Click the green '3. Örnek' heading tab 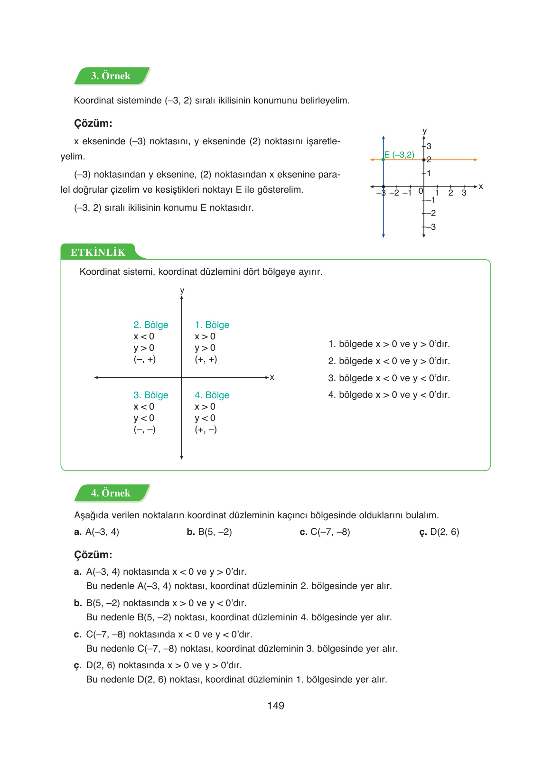click(x=111, y=76)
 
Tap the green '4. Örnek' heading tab click(x=111, y=493)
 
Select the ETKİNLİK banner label click(x=98, y=253)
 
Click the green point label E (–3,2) click(x=399, y=155)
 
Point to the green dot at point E click(x=384, y=160)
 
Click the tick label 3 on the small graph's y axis click(x=429, y=146)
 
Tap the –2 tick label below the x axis click(x=394, y=193)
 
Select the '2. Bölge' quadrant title click(x=150, y=325)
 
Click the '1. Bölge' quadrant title click(x=212, y=325)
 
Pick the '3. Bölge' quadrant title click(x=150, y=395)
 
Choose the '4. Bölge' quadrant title click(x=212, y=395)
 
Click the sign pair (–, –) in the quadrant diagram click(x=144, y=430)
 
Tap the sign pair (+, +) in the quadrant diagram click(x=206, y=359)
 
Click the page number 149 click(x=276, y=706)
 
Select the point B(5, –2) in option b click(x=215, y=532)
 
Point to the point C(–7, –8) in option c click(x=330, y=532)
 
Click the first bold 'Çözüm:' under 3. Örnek click(x=93, y=123)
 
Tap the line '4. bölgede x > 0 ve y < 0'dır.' click(x=389, y=395)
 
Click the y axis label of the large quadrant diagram click(x=182, y=290)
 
